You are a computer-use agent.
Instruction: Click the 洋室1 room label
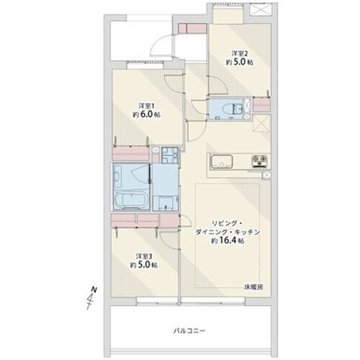147,106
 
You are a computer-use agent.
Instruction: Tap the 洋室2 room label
239,53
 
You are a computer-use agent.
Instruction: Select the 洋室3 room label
144,256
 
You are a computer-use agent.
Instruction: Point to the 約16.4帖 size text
228,240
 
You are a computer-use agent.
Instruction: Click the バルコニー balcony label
189,331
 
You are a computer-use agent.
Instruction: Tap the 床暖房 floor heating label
253,287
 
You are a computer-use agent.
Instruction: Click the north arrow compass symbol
92,297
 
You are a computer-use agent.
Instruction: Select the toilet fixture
230,109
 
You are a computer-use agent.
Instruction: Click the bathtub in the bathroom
131,200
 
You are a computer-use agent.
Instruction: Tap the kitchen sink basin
221,161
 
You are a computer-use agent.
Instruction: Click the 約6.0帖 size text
147,114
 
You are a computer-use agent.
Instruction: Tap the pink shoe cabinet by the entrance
193,29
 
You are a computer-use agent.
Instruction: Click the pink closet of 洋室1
130,153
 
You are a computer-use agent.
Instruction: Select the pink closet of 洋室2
262,105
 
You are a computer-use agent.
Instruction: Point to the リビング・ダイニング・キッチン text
228,228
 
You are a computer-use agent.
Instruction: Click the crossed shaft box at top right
260,9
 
